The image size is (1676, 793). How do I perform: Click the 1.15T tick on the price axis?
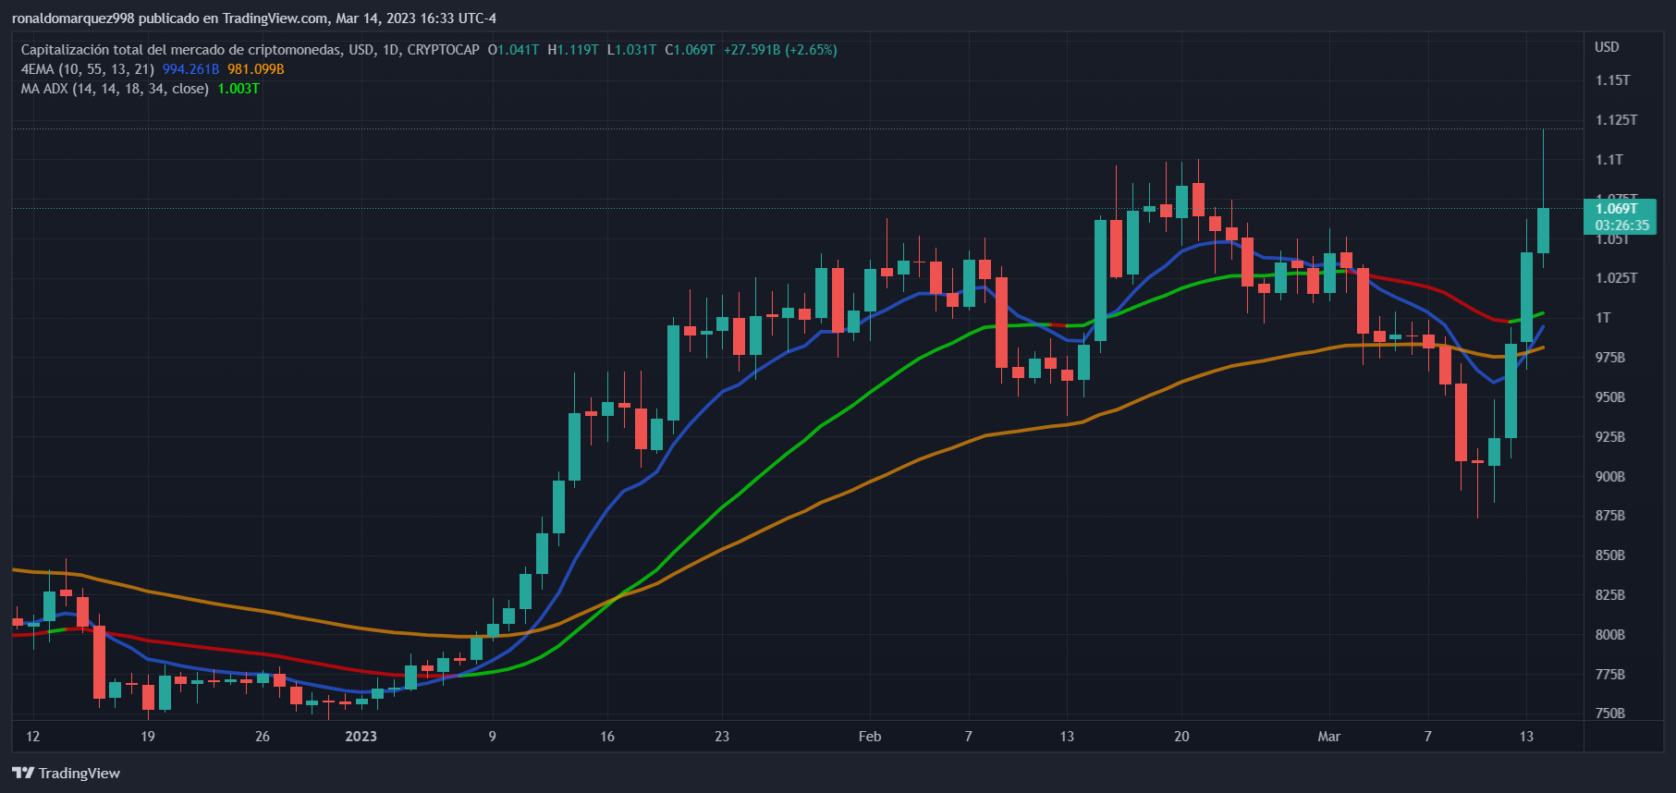tap(1612, 80)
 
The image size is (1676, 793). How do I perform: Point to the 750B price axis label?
tap(1609, 714)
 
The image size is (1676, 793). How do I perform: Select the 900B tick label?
tap(1609, 477)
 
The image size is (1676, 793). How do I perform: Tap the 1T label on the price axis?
tap(1603, 318)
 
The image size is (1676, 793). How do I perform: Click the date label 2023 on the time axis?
tap(361, 737)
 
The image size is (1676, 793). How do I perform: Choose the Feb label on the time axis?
tap(869, 737)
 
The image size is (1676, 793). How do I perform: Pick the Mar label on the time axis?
tap(1328, 737)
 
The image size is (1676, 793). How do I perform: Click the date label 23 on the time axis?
tap(722, 737)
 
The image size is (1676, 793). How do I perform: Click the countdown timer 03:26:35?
tap(1621, 226)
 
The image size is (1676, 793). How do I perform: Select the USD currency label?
tap(1607, 47)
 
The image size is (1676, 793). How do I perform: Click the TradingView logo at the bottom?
tap(67, 773)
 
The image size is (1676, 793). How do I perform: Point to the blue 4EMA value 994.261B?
tap(190, 69)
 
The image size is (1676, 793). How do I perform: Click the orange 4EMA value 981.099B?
tap(256, 69)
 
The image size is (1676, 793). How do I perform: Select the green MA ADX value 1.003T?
tap(239, 89)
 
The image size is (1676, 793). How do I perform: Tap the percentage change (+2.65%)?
tap(811, 50)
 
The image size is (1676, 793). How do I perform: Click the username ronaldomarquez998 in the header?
tap(73, 18)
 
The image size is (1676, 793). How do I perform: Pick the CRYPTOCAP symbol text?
tap(443, 50)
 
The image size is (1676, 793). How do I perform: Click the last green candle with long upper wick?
tap(1543, 230)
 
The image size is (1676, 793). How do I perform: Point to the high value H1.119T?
tap(572, 50)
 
